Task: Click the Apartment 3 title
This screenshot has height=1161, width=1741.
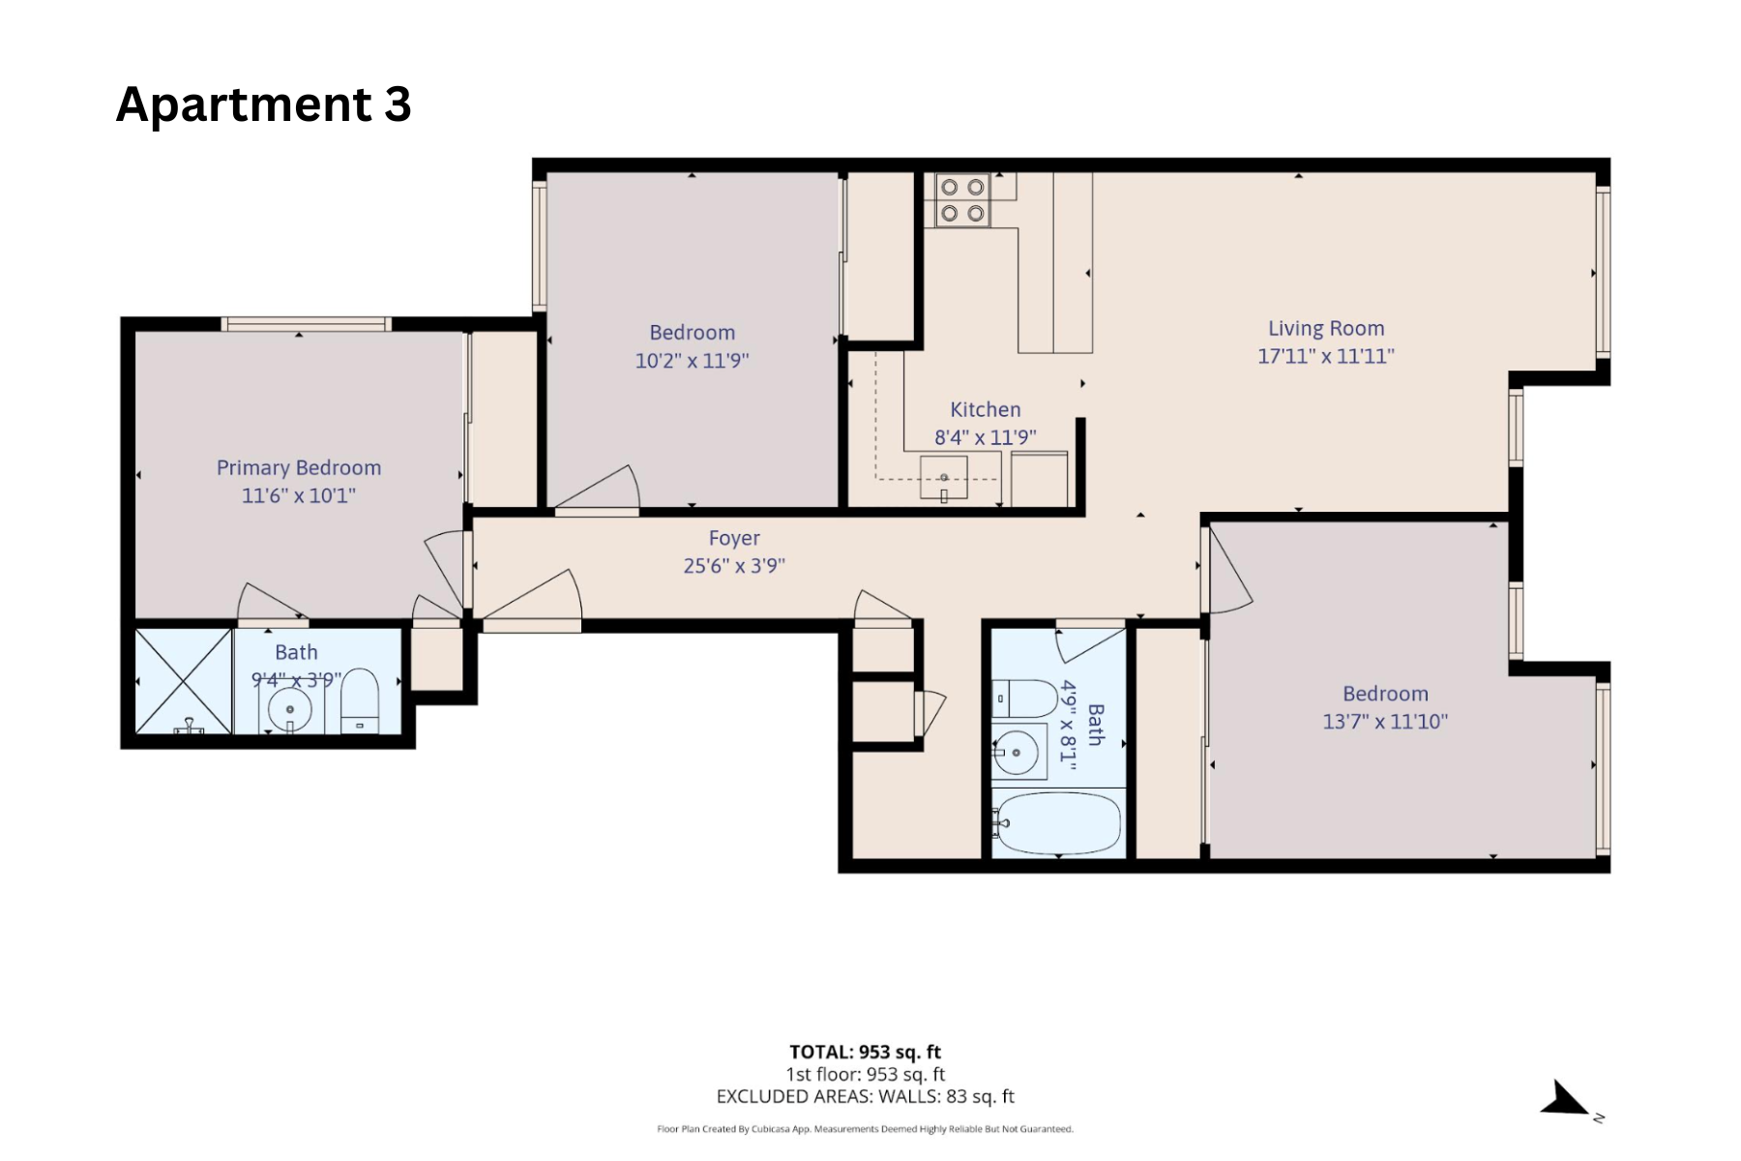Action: coord(263,104)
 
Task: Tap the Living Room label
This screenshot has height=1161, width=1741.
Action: coord(1326,329)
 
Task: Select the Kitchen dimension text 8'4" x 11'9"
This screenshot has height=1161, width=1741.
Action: coord(985,437)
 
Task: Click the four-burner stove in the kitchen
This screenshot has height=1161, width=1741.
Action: coord(962,200)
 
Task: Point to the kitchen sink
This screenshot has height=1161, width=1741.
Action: coord(944,479)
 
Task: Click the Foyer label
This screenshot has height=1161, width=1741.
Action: coord(734,538)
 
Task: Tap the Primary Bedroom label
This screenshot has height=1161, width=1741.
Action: coord(298,468)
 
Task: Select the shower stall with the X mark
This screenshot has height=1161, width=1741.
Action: coord(184,681)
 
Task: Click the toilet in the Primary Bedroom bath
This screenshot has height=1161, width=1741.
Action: coord(361,700)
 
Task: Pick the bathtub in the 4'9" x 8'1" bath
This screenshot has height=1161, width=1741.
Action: coord(1057,824)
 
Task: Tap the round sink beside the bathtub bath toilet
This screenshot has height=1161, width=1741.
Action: coord(1017,752)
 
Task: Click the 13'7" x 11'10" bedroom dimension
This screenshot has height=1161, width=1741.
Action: coord(1384,722)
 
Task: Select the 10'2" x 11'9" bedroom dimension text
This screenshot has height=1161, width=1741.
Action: coord(692,361)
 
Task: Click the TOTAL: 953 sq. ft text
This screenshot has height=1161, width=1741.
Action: coord(865,1052)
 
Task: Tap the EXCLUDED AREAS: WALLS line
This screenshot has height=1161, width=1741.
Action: coord(865,1096)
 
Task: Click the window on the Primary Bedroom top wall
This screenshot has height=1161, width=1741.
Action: coord(306,324)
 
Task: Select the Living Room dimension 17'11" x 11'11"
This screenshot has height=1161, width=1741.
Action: coord(1325,356)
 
